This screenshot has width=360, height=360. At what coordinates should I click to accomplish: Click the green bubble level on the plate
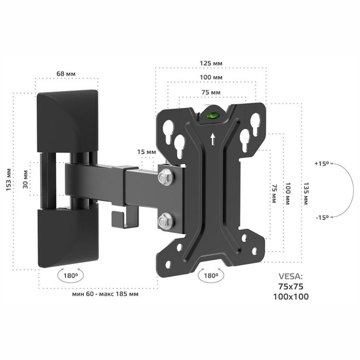coord(212,116)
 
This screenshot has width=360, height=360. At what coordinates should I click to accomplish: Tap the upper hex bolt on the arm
coord(165,177)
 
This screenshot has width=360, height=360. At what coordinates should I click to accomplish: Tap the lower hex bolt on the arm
coord(165,221)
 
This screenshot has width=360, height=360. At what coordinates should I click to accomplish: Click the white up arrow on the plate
coord(213,139)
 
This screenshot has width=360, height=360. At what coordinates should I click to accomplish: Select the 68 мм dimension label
coord(66,74)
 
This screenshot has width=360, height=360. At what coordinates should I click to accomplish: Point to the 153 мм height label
coord(9,180)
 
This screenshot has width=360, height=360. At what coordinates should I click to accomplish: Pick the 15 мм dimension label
coord(147,152)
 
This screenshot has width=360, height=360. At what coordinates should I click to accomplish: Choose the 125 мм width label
coord(211,63)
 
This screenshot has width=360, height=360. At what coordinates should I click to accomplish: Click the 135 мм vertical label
coord(306,193)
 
